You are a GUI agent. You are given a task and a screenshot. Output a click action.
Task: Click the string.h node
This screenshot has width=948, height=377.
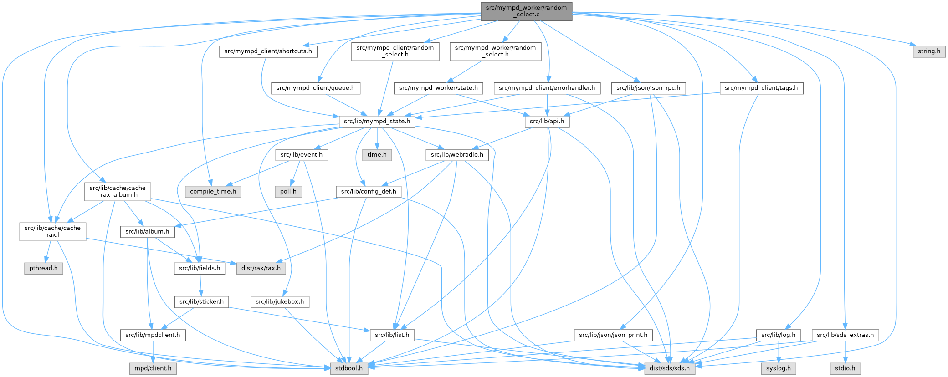pos(929,51)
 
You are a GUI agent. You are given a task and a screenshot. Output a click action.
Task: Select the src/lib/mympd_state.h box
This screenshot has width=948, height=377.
pos(377,121)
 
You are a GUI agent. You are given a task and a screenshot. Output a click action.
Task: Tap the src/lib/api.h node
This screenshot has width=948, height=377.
pos(547,121)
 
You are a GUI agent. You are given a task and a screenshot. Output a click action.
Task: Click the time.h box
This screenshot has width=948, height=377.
pos(377,154)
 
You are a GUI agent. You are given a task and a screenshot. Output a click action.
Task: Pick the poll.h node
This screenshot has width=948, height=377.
pos(288,191)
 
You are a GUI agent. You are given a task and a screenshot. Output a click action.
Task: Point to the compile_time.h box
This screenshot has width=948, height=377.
pos(213,191)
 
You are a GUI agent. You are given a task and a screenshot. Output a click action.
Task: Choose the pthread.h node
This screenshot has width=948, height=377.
pos(43,268)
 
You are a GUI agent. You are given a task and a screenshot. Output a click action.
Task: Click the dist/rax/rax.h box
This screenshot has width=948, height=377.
pos(261,268)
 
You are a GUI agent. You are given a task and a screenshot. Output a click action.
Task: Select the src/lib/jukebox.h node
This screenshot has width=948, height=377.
pos(280,301)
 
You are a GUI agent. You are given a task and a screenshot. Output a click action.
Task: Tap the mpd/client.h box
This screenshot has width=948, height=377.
pos(153,368)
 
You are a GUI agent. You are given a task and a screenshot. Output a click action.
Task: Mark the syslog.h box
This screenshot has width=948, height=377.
pos(779,368)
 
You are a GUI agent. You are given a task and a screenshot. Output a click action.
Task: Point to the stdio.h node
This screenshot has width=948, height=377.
pos(845,368)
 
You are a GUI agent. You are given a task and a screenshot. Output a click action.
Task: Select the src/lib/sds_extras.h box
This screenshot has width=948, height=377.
pos(845,335)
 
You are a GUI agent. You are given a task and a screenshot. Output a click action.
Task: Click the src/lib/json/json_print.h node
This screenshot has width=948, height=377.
pos(613,335)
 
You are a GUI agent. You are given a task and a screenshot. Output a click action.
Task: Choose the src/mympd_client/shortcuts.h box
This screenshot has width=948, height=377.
pos(268,51)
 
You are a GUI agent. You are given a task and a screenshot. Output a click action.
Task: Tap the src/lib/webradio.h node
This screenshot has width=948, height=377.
pos(457,154)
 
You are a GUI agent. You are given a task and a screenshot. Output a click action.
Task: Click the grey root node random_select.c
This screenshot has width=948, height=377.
pos(526,11)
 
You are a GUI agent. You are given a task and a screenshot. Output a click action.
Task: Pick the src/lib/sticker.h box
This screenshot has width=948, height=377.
pos(201,301)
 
